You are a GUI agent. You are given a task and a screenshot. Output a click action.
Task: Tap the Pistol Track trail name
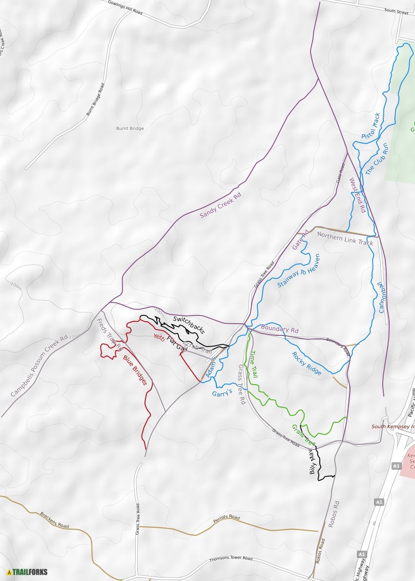click(x=371, y=125)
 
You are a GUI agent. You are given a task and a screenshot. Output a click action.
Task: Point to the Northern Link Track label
click(x=345, y=238)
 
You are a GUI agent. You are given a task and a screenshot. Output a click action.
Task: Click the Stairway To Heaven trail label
click(x=298, y=270)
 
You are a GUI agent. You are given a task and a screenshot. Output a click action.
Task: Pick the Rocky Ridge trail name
click(x=307, y=364)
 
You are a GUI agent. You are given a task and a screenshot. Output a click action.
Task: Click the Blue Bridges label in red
click(x=135, y=370)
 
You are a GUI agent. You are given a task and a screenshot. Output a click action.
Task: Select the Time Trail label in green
click(x=253, y=364)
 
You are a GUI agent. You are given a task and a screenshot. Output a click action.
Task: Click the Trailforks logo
click(x=27, y=572)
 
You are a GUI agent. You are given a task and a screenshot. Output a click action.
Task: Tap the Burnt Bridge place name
click(x=130, y=128)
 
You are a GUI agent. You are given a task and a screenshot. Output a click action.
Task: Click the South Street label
click(x=395, y=10)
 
